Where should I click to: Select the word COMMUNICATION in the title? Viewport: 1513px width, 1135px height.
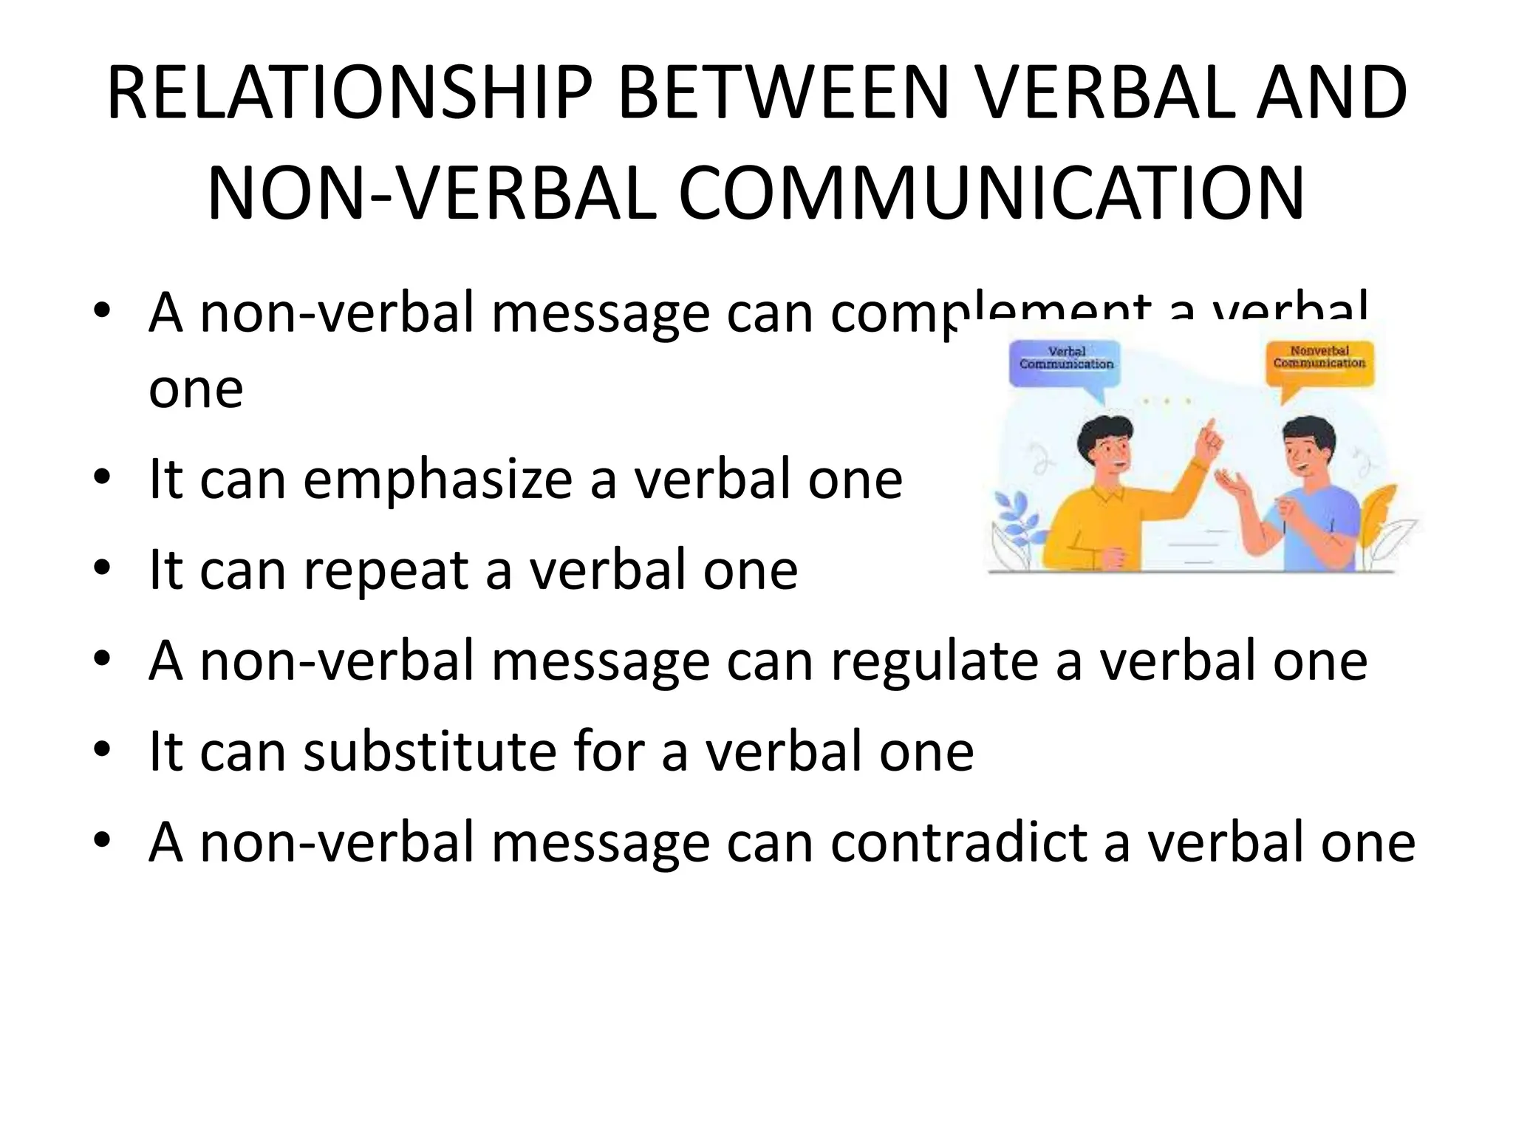[991, 194]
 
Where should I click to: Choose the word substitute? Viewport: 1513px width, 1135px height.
[430, 751]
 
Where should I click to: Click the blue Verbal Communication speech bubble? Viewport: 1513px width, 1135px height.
[1066, 364]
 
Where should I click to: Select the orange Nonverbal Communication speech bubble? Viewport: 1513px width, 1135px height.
[1319, 364]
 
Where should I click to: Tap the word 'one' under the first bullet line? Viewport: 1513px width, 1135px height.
[196, 389]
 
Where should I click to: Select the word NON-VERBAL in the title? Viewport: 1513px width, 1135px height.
[431, 194]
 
